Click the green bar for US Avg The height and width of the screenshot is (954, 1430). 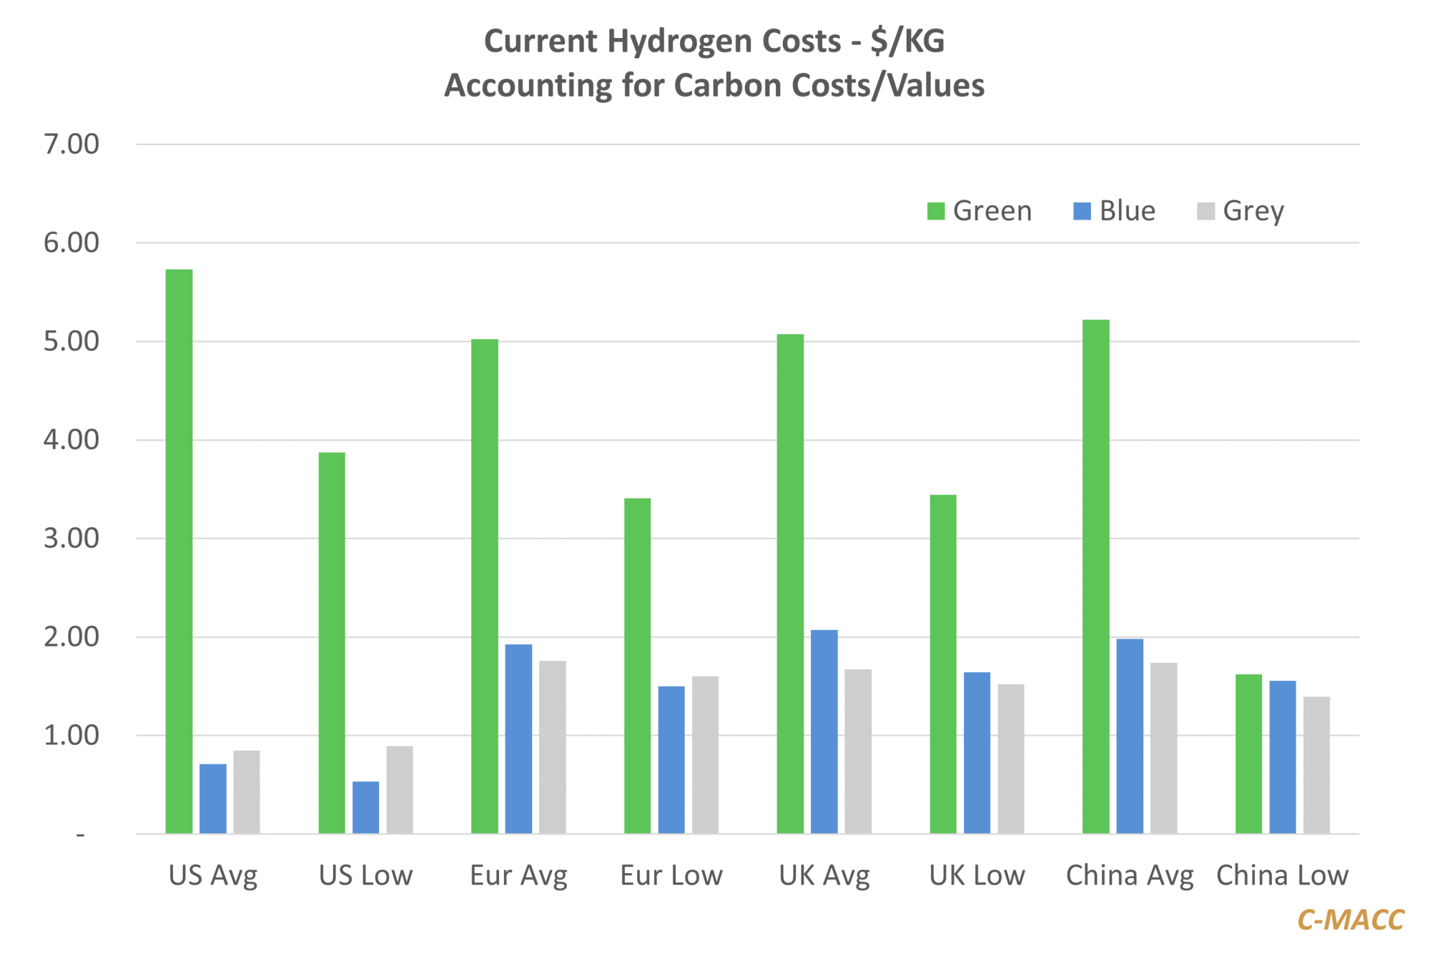[179, 551]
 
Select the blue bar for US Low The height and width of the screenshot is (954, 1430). [365, 807]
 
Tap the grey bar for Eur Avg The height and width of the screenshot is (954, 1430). [552, 747]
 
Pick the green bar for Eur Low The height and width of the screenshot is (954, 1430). [637, 665]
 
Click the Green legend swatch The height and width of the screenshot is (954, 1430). [935, 211]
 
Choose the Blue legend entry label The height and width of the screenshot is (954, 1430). [1127, 211]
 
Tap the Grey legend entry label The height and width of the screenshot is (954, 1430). [1253, 211]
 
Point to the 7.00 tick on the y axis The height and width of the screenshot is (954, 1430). [71, 144]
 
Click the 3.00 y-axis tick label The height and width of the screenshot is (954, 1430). [71, 539]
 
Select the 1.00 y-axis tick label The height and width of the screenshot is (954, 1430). [71, 735]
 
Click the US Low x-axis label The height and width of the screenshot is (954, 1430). [365, 875]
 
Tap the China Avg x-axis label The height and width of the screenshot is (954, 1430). [1130, 875]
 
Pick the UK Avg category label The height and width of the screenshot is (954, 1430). [824, 875]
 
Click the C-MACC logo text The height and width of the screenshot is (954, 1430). [1350, 920]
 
